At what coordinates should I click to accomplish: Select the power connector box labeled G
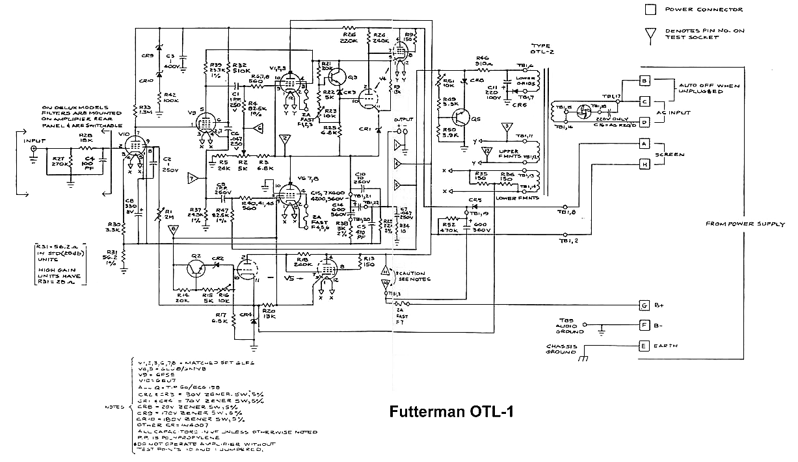pyautogui.click(x=645, y=305)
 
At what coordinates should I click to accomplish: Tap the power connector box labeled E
pyautogui.click(x=645, y=346)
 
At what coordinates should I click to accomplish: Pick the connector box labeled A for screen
pyautogui.click(x=645, y=143)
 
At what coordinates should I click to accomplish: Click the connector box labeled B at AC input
pyautogui.click(x=645, y=81)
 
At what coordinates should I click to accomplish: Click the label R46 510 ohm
pyautogui.click(x=482, y=60)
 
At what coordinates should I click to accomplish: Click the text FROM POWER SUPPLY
pyautogui.click(x=745, y=224)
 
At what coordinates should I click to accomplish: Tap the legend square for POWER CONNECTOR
pyautogui.click(x=650, y=9)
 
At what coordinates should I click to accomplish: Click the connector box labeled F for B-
pyautogui.click(x=645, y=324)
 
